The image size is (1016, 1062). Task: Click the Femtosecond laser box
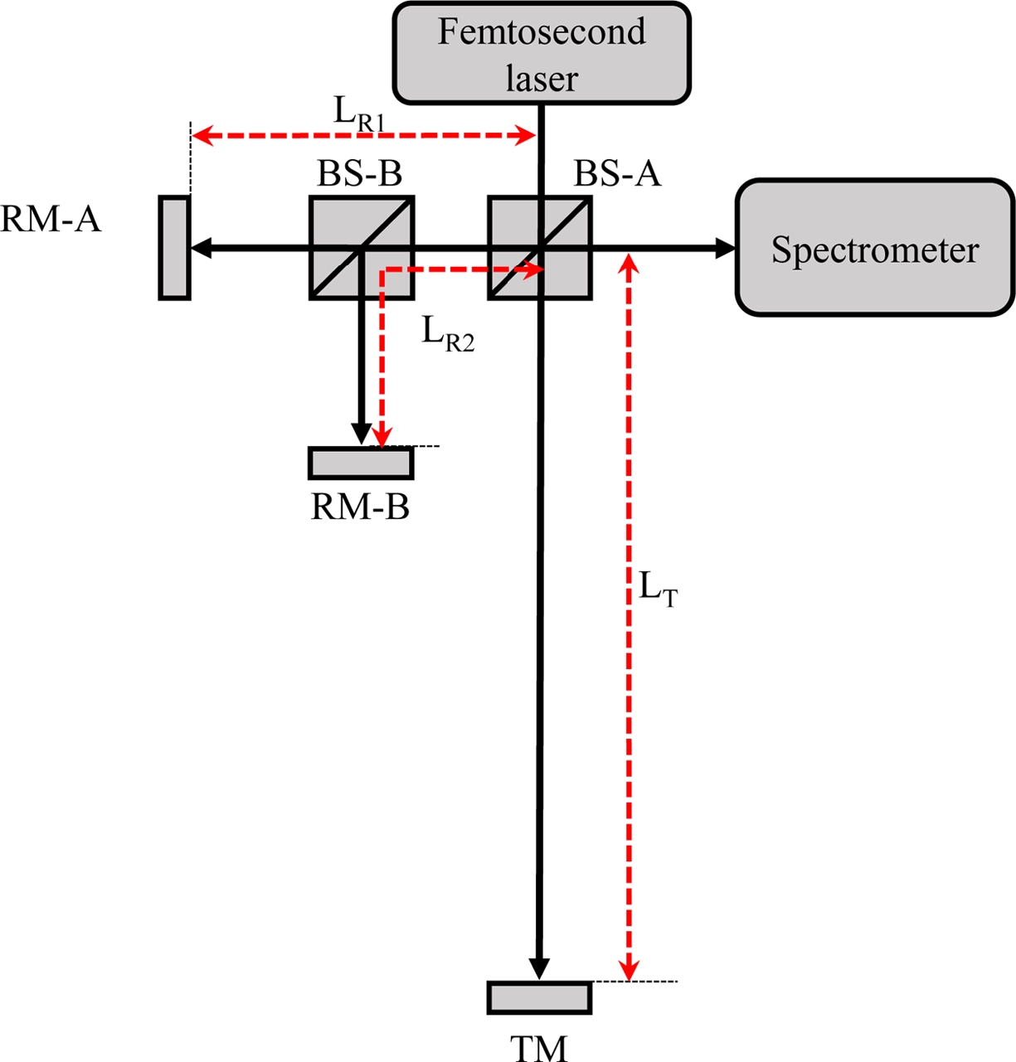541,54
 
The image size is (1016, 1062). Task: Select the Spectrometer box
875,248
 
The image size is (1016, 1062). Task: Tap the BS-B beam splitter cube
362,247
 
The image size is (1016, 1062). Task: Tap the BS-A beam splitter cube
540,247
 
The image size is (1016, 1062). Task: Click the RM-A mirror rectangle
174,247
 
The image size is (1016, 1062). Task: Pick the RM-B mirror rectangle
361,463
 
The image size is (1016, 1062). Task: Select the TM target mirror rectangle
540,997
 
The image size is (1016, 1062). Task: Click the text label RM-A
51,220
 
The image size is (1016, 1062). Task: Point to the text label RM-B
360,507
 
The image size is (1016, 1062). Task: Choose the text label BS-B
359,174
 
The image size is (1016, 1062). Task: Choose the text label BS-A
618,174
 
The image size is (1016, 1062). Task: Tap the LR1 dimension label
358,113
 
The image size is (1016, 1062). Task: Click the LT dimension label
658,589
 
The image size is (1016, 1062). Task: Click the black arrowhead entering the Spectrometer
726,247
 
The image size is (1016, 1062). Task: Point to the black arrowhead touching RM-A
200,247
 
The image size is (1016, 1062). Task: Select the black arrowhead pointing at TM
539,969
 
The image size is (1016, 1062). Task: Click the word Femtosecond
541,32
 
